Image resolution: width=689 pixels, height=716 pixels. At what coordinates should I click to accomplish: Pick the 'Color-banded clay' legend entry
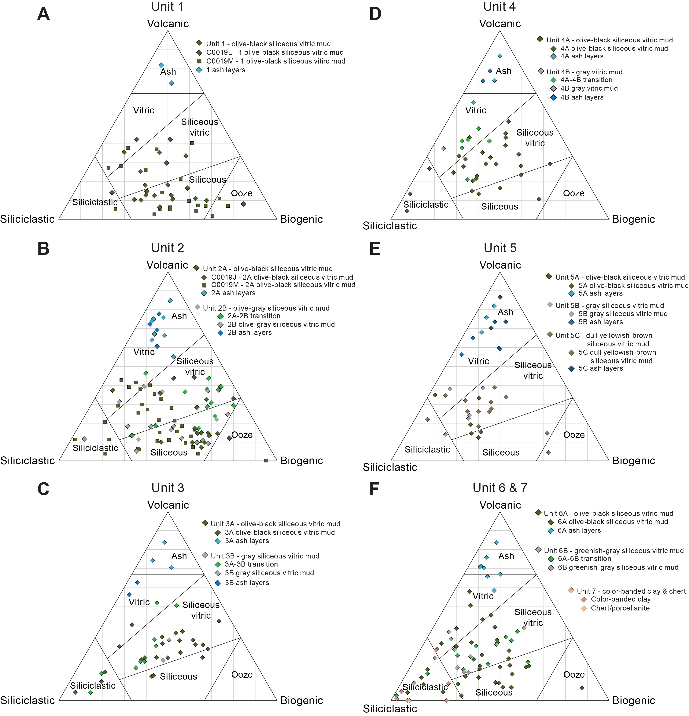coord(621,599)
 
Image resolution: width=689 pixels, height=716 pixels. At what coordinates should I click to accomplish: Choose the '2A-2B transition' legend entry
coord(254,316)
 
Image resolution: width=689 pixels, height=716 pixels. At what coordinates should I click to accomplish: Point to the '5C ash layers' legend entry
coord(600,368)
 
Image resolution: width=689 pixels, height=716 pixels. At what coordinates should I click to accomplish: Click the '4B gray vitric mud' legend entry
coord(589,88)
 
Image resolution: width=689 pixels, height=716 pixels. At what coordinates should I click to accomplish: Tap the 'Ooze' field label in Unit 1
coord(242,193)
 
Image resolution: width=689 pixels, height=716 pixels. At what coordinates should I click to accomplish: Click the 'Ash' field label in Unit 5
coord(505,312)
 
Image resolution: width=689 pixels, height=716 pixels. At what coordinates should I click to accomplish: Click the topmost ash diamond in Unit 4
coord(500,55)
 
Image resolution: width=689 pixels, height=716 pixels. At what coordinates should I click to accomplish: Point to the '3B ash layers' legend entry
coord(247,583)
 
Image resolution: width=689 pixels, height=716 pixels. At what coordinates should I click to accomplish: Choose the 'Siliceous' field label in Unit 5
coord(501,452)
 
